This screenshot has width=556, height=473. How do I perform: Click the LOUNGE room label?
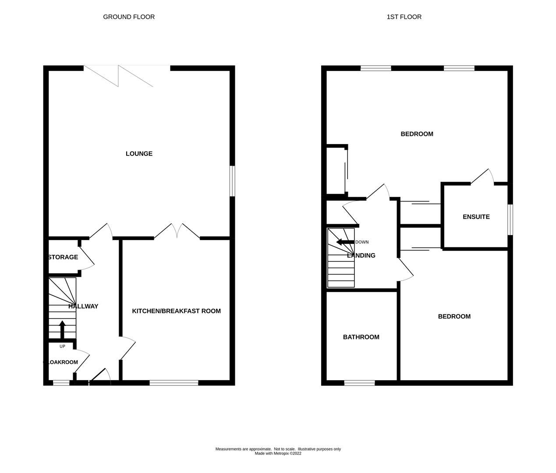[139, 154]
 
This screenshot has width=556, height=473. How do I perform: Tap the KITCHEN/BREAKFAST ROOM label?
[176, 311]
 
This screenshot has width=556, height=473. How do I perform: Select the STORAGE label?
[63, 257]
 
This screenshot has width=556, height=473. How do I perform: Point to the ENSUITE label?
[476, 217]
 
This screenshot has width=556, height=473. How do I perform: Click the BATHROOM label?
[361, 337]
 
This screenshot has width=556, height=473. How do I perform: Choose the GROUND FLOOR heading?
[129, 17]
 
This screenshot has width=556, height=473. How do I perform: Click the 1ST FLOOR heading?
[404, 17]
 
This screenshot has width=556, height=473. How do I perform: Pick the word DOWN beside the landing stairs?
[362, 242]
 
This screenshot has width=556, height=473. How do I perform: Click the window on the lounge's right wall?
[233, 180]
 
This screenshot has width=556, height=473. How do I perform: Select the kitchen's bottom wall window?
[174, 383]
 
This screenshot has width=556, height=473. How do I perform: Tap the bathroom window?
[359, 383]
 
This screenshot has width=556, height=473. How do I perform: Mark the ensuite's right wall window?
[510, 219]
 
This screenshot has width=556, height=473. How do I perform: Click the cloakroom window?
[61, 383]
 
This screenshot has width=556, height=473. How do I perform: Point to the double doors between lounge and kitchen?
[177, 231]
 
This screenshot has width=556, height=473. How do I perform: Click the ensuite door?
[483, 177]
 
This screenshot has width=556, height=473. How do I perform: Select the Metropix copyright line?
[278, 454]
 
